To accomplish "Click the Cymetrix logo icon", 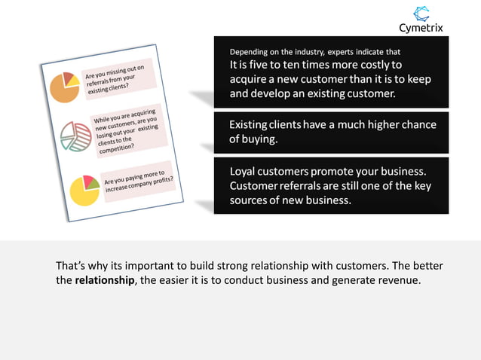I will (x=421, y=14).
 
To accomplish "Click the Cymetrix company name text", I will (x=421, y=29).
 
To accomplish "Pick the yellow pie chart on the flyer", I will (x=84, y=190).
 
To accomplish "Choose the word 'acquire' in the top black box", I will (x=252, y=80).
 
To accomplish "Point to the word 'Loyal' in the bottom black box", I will (x=245, y=171).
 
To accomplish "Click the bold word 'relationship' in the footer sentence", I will (x=105, y=281).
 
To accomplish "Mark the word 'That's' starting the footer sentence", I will (x=73, y=266).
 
